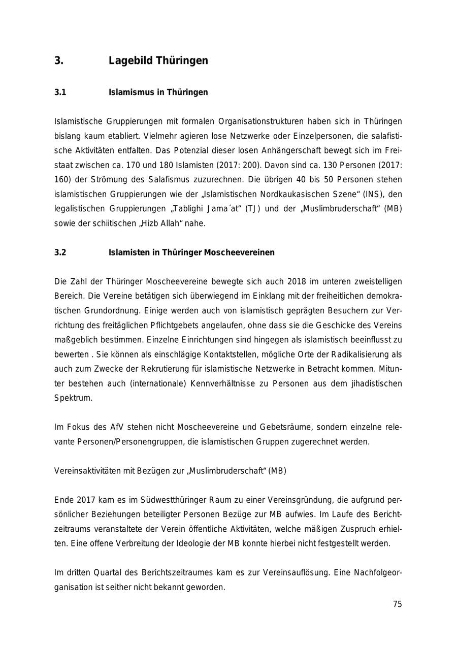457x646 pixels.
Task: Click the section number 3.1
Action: click(x=60, y=92)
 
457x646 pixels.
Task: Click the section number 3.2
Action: click(x=60, y=252)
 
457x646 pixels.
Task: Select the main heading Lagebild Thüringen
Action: click(x=158, y=61)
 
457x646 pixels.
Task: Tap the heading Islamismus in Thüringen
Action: click(x=158, y=92)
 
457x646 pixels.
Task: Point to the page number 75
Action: click(x=397, y=604)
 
